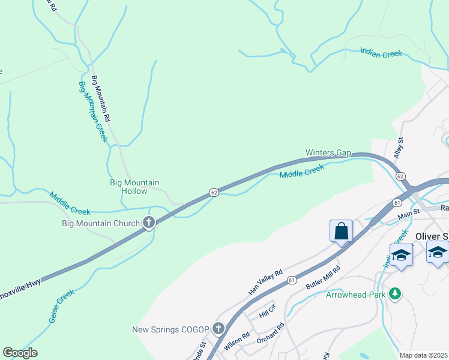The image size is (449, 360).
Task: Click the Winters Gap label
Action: (x=328, y=152)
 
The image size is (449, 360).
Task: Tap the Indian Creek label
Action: (x=381, y=53)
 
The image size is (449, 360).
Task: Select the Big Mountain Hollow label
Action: (x=134, y=187)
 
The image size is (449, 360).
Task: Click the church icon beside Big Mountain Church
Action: (x=149, y=223)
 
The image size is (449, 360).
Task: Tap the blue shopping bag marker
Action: (x=341, y=231)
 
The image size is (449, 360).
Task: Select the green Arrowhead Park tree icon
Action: (x=394, y=294)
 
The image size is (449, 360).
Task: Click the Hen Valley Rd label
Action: (x=265, y=283)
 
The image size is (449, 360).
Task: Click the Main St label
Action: (x=408, y=214)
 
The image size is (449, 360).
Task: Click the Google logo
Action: (x=20, y=353)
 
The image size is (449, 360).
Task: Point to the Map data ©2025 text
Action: (x=423, y=355)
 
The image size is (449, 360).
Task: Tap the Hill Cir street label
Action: (x=267, y=311)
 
